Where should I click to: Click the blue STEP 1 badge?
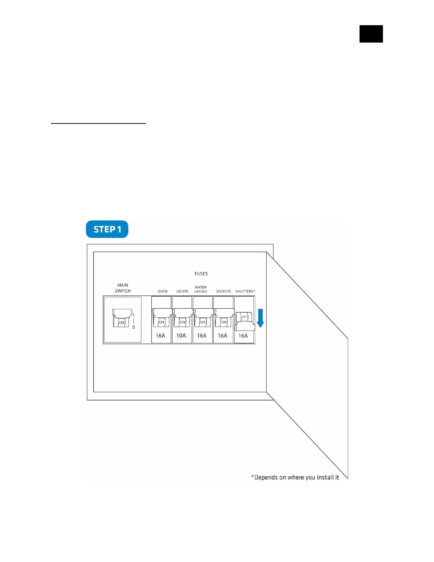coord(107,230)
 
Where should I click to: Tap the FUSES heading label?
coord(201,274)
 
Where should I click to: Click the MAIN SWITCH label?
coord(123,288)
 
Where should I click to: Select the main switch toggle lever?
coord(121,318)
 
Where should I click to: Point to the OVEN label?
coord(162,292)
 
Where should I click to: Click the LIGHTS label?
coord(182,292)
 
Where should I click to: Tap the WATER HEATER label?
coord(201,290)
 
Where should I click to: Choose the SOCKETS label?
coord(223,292)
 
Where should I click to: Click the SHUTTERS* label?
coord(245,292)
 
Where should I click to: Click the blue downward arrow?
coord(260,318)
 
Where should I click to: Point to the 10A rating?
coord(181,336)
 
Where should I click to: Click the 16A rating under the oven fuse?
coord(161,336)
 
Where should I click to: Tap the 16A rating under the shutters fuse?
coord(243,336)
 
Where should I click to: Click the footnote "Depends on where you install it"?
coord(295,478)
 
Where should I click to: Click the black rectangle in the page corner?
coord(371,34)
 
